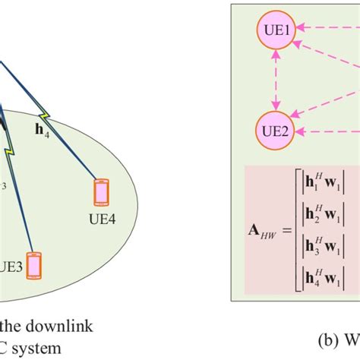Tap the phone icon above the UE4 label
pos(100,193)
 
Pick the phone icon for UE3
pos(33,264)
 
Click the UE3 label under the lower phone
pos(14,289)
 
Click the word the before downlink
pos(13,327)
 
